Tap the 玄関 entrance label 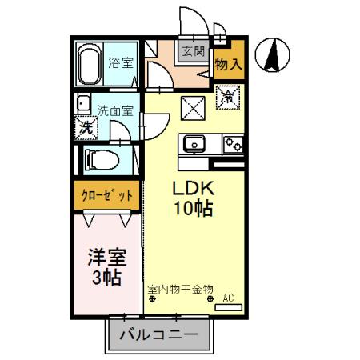(193, 53)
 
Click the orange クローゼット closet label (106, 194)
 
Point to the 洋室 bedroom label (106, 258)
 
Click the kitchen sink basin (194, 145)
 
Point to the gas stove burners (234, 145)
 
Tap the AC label (227, 298)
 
